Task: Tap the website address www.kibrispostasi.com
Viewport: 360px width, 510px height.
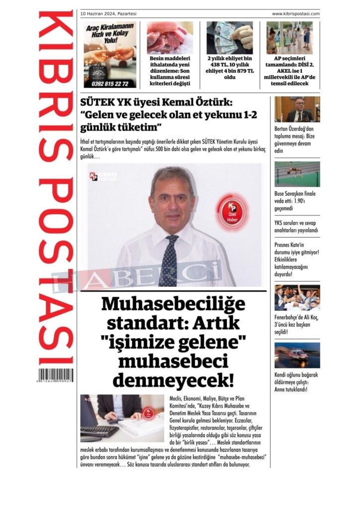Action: point(296,14)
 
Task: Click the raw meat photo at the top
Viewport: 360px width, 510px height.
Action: point(170,37)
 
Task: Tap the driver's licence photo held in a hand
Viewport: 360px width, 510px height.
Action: point(230,37)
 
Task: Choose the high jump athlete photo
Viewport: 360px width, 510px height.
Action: point(297,174)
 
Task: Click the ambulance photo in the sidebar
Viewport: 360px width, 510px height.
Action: point(297,355)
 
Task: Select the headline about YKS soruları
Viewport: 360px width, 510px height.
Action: point(296,226)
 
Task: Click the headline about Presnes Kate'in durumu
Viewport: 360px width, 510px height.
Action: point(297,259)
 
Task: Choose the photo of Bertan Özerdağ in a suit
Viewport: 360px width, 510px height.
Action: point(297,110)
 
